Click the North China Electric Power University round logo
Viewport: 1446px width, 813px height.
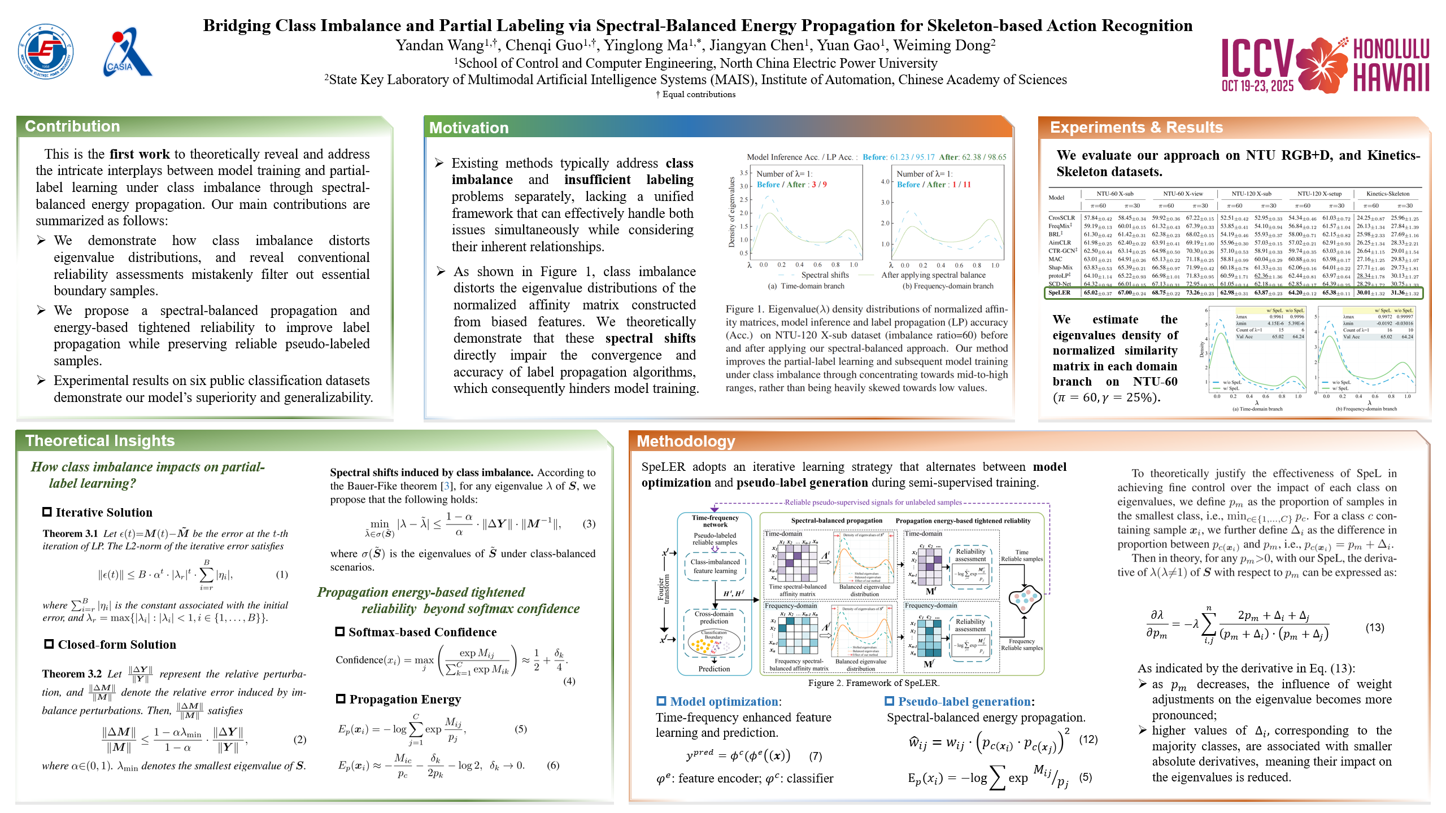46,51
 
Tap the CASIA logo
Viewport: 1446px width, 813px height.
127,53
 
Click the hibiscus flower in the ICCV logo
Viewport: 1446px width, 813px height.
1322,64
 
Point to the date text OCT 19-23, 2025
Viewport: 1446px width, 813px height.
1257,86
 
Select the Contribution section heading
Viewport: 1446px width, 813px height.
72,126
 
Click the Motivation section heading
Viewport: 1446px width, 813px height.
469,128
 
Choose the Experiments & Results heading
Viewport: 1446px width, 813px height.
1136,128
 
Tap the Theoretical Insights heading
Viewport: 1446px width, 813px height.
100,441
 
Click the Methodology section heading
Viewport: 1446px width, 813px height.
686,442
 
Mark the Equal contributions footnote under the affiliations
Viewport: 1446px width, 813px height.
696,94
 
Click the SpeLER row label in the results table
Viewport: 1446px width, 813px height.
1059,293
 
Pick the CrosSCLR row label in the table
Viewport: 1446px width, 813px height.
1061,218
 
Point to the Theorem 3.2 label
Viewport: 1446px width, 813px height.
72,674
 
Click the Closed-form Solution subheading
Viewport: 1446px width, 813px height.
117,645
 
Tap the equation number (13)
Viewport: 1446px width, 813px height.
1374,627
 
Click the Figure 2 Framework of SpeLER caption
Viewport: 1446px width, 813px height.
873,683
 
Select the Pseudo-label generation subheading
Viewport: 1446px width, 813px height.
965,702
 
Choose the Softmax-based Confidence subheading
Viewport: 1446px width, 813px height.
422,632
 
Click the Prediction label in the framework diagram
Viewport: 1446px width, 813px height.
714,669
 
